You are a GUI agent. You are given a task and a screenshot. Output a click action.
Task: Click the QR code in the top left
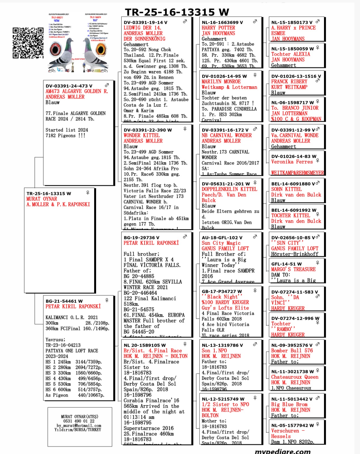coord(28,43)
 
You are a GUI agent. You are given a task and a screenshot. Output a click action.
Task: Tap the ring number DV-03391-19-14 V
coord(145,22)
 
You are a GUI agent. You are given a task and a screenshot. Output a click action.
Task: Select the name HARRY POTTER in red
coord(218,28)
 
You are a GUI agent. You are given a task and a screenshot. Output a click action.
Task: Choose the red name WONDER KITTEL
coord(141,135)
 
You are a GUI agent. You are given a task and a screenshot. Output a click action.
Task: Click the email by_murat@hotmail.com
coord(79,425)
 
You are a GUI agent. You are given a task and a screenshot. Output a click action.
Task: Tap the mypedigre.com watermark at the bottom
coord(282,451)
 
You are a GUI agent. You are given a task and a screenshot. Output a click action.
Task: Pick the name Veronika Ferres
coord(292,162)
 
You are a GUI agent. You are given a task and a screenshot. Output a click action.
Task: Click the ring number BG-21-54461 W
coord(64,301)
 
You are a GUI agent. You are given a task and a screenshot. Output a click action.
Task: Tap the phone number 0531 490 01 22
coord(79,421)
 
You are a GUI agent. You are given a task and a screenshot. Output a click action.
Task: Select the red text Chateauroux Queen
coord(295,377)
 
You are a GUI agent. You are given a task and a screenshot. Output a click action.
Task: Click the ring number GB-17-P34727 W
coord(222,291)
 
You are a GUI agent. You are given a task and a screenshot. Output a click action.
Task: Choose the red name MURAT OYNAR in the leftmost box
coord(42,199)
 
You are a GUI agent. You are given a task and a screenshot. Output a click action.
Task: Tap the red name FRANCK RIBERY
coord(289,82)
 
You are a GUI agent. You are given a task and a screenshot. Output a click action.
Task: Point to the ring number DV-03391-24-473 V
coord(69,86)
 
